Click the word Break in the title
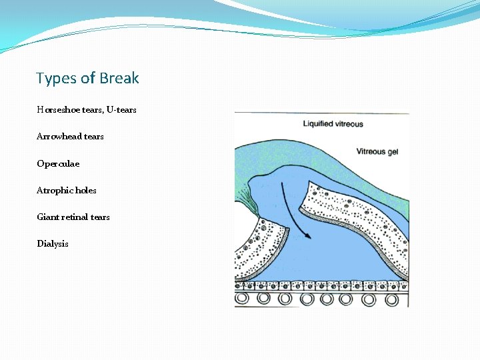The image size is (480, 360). point(119,79)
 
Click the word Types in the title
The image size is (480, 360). point(57,79)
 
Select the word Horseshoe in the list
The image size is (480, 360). point(59,109)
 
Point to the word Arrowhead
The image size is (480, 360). point(59,136)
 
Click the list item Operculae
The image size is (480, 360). point(58,163)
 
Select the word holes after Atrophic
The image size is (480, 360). point(85,190)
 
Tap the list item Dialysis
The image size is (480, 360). point(53,243)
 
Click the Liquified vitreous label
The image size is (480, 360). point(333,124)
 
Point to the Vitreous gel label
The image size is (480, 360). point(381,151)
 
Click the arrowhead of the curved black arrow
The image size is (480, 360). point(307,235)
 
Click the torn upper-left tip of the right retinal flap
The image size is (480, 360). point(307,183)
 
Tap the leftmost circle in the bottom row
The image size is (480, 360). point(243,299)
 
